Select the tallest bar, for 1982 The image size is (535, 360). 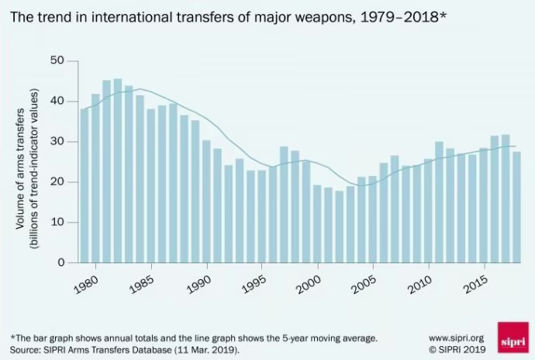[118, 171]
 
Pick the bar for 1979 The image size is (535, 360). [85, 186]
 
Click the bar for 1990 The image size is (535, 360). [206, 202]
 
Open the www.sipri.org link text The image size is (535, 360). [457, 338]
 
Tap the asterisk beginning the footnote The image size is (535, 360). [12, 337]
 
